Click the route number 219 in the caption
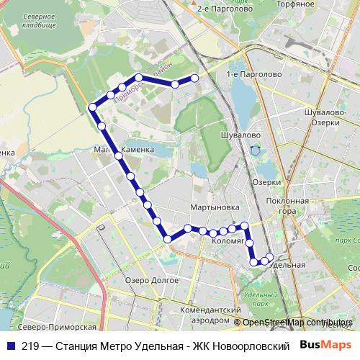(x=30, y=346)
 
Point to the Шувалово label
(x=239, y=135)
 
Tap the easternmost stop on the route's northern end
(x=194, y=78)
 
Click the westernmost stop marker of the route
(x=92, y=107)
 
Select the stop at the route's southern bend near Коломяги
(x=168, y=238)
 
